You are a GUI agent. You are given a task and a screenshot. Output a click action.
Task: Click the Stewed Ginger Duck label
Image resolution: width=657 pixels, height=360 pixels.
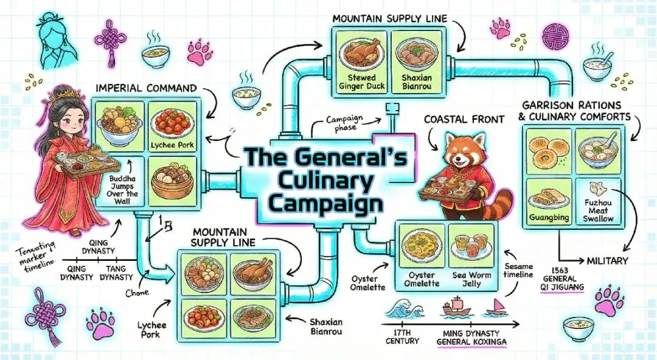[x=361, y=83]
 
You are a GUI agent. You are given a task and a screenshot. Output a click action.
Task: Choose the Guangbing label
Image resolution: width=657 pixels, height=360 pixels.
[x=546, y=215]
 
